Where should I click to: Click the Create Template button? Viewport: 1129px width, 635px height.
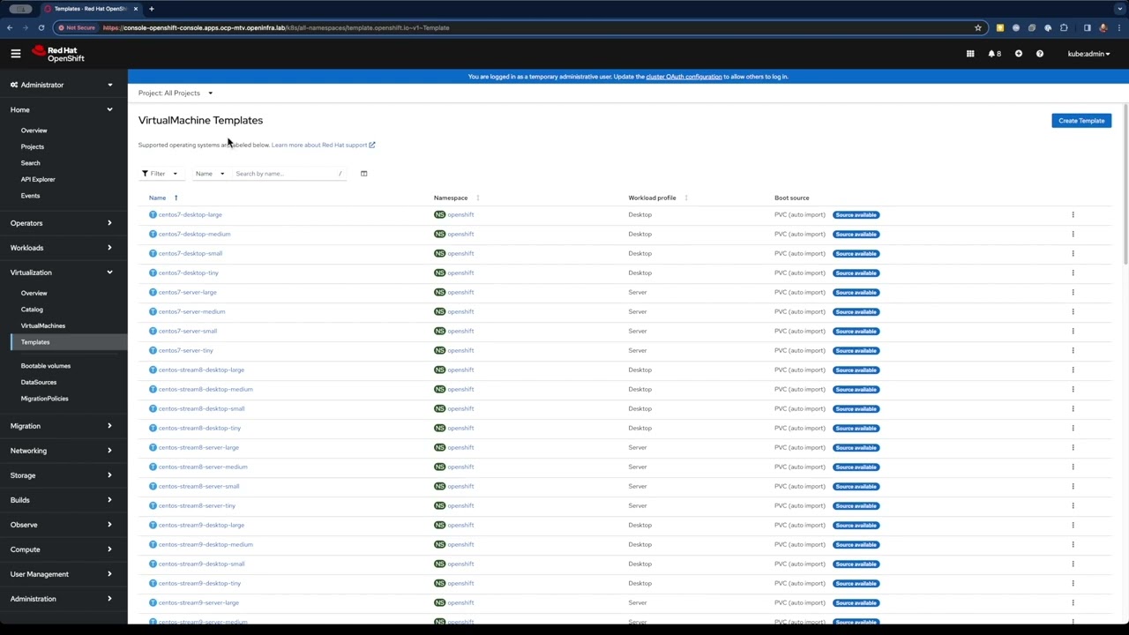1080,121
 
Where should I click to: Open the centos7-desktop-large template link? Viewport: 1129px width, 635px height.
190,214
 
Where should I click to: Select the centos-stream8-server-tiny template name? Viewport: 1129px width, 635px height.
197,505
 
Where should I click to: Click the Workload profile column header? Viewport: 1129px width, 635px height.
652,198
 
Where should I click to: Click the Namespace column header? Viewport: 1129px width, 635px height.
450,198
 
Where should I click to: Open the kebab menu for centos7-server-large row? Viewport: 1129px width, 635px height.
1073,292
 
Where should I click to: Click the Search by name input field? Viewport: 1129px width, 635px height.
285,174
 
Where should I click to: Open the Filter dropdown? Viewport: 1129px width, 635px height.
160,174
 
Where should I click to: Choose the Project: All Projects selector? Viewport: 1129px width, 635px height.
175,93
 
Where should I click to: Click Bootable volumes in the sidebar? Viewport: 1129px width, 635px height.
46,366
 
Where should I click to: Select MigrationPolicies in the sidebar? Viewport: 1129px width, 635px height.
44,399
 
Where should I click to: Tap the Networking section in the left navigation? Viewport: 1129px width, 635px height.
28,451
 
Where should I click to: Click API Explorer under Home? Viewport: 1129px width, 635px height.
38,179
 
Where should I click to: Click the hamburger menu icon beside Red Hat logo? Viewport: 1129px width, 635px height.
15,54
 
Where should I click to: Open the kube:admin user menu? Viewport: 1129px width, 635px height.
1088,54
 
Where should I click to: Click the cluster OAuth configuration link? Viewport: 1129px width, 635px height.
684,77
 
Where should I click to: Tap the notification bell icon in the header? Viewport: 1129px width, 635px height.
993,54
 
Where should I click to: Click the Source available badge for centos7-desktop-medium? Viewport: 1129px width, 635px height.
856,234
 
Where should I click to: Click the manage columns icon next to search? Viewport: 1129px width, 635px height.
363,174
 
